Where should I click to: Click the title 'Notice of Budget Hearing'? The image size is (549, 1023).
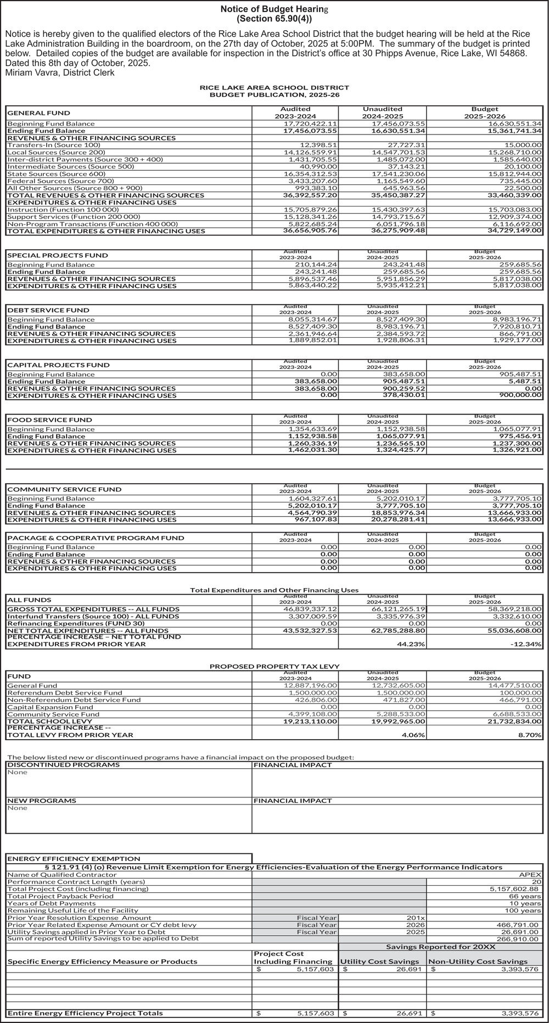tap(274, 9)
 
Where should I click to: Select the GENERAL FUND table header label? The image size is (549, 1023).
tap(38, 113)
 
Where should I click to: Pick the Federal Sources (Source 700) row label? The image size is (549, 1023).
tap(61, 181)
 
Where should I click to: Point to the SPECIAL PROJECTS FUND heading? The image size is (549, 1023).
tap(58, 255)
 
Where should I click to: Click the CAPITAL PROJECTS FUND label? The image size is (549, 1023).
tap(58, 365)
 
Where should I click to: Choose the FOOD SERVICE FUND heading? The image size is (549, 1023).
tap(50, 420)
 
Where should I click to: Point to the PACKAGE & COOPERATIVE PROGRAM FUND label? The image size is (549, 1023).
tap(96, 538)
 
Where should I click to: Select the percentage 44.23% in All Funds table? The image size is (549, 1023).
tap(411, 644)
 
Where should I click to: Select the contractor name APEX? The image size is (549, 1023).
tap(533, 875)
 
